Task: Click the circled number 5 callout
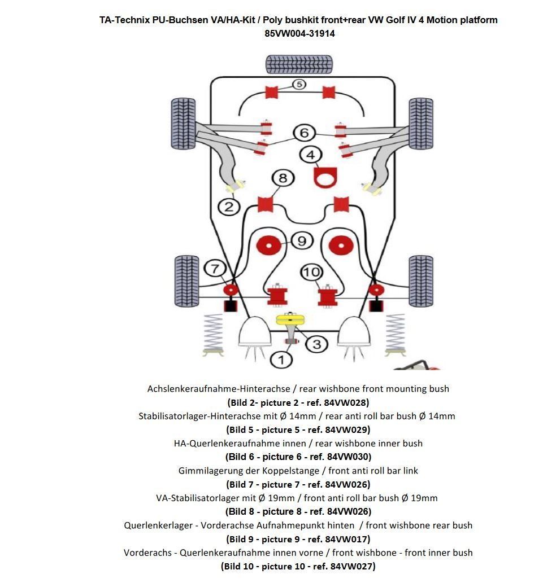tap(299, 85)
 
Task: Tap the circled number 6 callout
tap(304, 133)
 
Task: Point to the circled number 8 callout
tap(283, 178)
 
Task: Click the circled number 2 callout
tap(229, 207)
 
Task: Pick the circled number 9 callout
tap(301, 241)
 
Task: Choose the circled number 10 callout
tap(311, 273)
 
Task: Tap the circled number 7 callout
tap(214, 269)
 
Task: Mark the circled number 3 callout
tap(316, 344)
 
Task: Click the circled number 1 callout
tap(281, 358)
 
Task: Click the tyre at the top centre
tap(299, 64)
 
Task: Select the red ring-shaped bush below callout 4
tap(325, 178)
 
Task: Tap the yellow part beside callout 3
tap(290, 319)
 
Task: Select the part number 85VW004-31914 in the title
tap(299, 33)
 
